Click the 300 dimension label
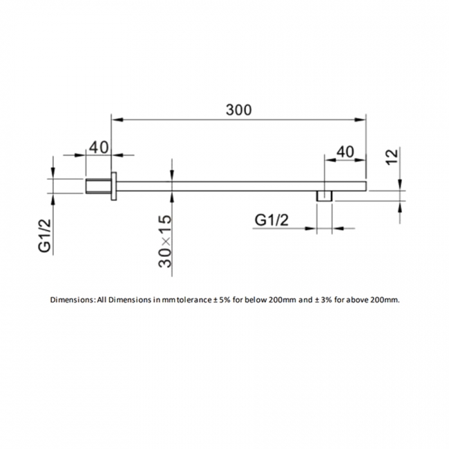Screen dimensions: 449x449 [x=238, y=109]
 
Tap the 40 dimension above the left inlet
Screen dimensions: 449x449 [x=99, y=146]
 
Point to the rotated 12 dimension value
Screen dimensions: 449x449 [x=392, y=157]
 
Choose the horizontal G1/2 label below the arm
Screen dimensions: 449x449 [x=271, y=220]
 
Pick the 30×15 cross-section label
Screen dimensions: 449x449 [x=164, y=243]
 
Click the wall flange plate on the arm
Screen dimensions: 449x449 [x=115, y=186]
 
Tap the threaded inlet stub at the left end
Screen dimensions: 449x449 [x=97, y=186]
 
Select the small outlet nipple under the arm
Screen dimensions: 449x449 [x=325, y=196]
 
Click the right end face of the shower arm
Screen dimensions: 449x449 [x=365, y=186]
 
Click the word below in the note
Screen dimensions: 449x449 [x=256, y=300]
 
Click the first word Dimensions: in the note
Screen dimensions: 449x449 [x=73, y=300]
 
